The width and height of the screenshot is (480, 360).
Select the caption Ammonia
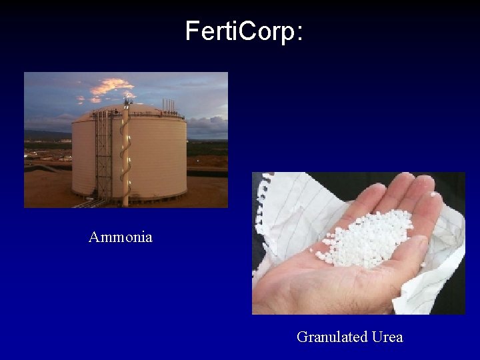(120, 237)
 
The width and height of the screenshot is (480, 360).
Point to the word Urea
(387, 337)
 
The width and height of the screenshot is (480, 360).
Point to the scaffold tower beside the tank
(103, 157)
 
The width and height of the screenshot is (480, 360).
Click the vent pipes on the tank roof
(169, 107)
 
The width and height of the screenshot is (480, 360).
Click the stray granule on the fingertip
(435, 194)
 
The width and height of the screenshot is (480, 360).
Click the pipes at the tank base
(93, 202)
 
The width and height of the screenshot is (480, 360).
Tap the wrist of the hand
(267, 293)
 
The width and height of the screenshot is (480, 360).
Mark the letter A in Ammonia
(93, 237)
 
